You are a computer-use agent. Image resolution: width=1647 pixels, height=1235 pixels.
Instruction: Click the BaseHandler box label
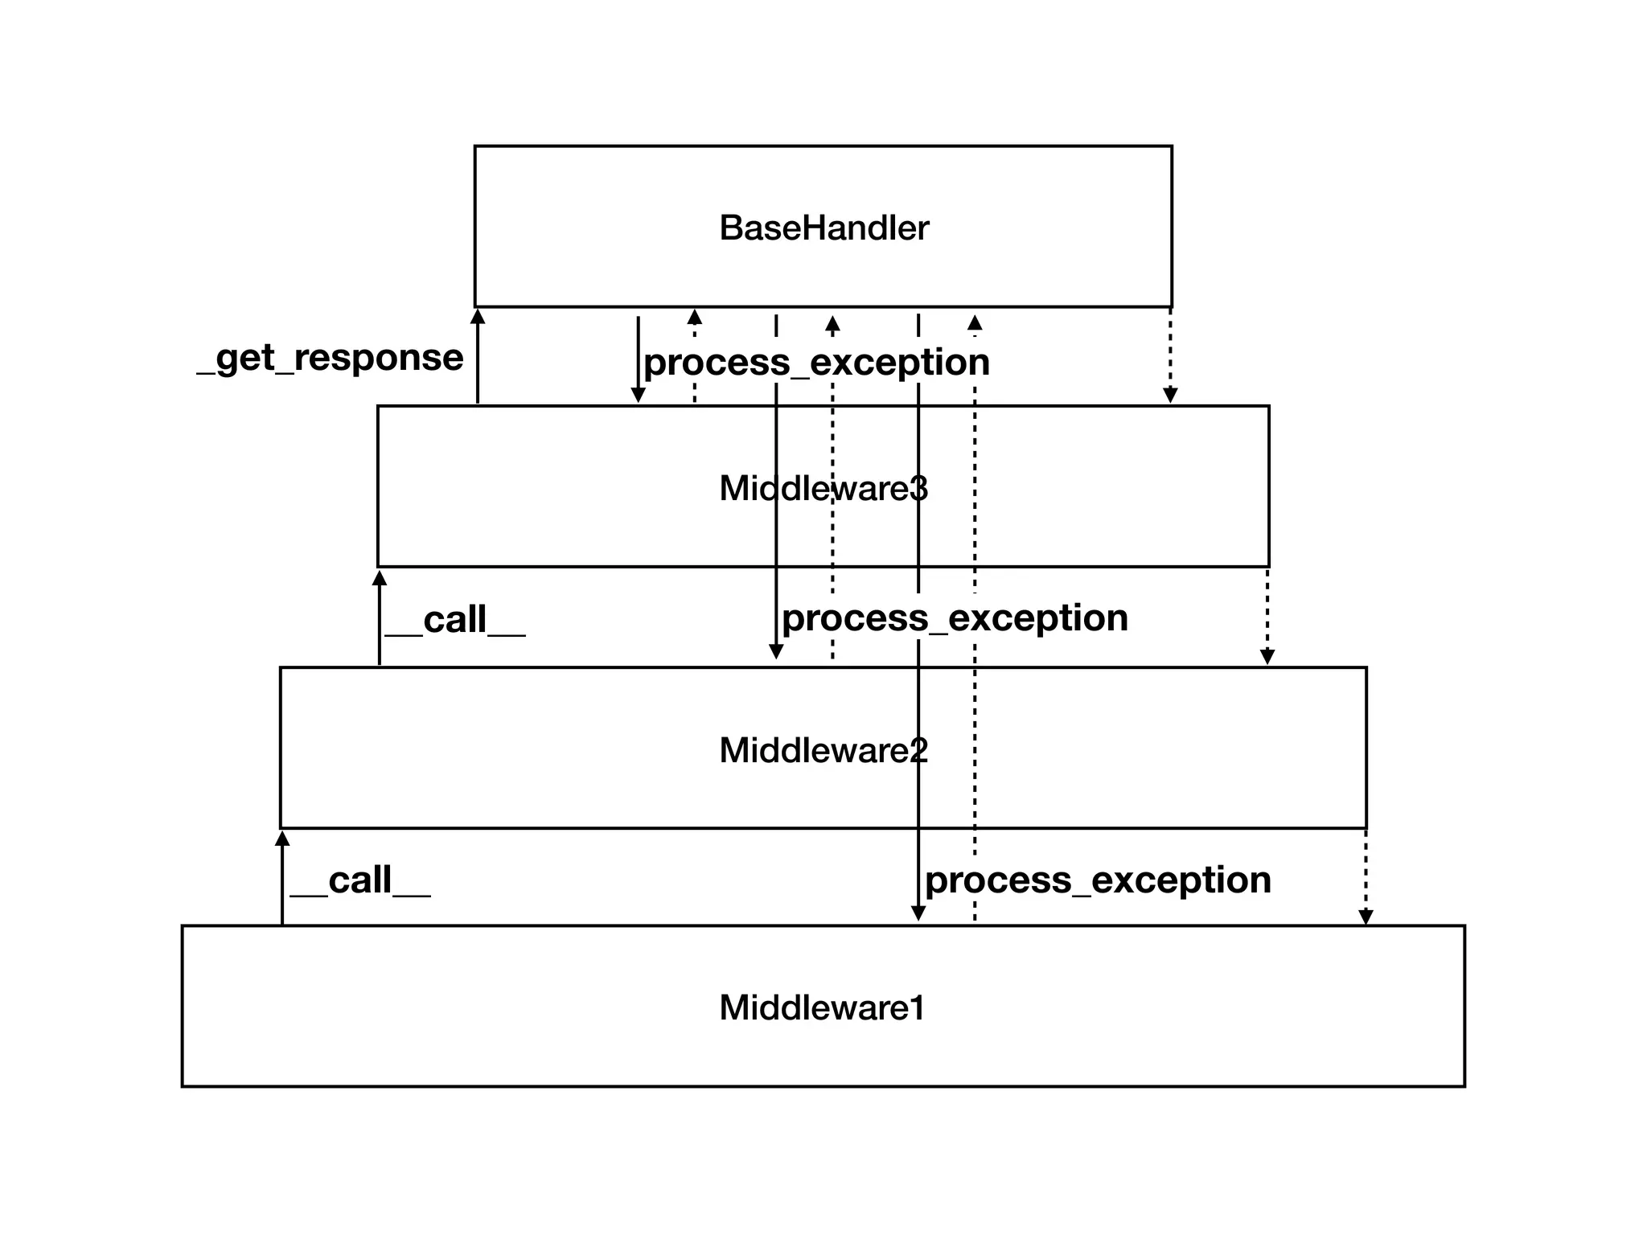[x=823, y=228]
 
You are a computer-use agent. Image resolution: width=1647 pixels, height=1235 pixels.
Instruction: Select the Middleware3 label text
[x=823, y=489]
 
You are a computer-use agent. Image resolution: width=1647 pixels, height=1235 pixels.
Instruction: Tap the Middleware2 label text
[x=823, y=750]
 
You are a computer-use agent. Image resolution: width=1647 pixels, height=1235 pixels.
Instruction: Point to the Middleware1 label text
[x=822, y=1008]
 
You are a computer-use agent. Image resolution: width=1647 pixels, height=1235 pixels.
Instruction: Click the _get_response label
[x=331, y=358]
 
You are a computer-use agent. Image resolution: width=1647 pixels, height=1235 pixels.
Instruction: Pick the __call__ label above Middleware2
[x=455, y=620]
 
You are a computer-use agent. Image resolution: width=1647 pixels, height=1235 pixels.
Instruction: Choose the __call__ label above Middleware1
[x=360, y=880]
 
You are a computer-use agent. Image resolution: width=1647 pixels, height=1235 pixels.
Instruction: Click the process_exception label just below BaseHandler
[x=816, y=363]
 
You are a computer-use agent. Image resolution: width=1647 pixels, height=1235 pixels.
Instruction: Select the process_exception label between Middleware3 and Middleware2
[x=955, y=618]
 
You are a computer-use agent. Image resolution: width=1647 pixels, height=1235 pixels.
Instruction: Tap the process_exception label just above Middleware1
[x=1098, y=880]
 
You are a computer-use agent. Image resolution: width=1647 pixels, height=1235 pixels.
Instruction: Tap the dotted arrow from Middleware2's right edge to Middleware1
[x=1366, y=877]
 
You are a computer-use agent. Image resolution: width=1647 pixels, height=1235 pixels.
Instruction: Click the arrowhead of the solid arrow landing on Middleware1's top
[x=918, y=913]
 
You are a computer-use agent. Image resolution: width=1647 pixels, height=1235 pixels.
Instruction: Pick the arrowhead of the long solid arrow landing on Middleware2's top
[x=776, y=652]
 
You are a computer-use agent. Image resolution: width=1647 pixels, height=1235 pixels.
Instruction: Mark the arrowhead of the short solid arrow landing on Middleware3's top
[x=638, y=395]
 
